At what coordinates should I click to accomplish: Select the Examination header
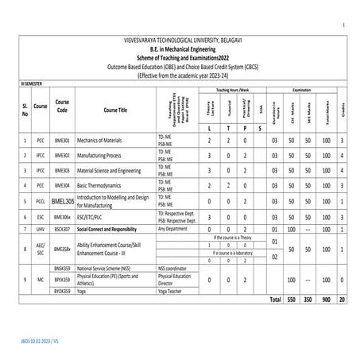(x=308, y=90)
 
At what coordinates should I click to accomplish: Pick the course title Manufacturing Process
(x=102, y=155)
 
